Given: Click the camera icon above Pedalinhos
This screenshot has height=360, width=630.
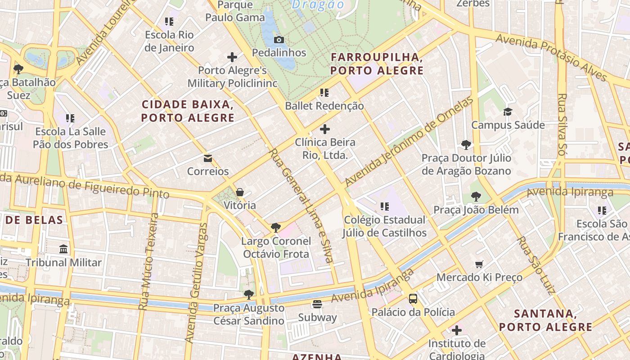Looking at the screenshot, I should [x=279, y=40].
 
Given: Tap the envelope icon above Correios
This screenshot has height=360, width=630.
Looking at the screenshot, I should [x=207, y=158].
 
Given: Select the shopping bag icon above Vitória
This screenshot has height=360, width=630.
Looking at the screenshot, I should [x=240, y=192].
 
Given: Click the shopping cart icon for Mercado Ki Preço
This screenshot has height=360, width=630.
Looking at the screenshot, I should [x=479, y=264].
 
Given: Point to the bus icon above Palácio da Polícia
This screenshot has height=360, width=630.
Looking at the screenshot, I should [x=413, y=298].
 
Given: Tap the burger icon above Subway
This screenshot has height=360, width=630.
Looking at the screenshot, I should [x=317, y=304].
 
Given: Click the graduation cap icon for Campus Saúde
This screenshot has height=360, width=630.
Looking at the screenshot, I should [x=508, y=112].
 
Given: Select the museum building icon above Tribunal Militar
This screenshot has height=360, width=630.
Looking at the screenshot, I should [x=63, y=249].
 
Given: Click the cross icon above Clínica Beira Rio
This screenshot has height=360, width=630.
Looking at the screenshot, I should [x=324, y=129].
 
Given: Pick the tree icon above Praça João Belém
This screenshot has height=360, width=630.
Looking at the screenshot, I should [x=476, y=197].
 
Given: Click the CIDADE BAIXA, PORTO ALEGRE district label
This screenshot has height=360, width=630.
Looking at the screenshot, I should [x=188, y=111].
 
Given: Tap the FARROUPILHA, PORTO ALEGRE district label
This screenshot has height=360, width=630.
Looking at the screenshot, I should [x=377, y=64].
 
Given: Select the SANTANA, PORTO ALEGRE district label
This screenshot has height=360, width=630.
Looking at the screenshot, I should [x=545, y=320].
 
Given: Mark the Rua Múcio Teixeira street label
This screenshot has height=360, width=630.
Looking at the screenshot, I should [x=148, y=261].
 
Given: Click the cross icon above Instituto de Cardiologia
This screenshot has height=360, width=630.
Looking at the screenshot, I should [x=457, y=330].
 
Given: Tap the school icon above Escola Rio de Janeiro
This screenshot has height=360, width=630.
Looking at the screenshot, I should [x=169, y=22].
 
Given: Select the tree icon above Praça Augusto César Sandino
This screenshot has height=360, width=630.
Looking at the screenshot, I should [x=248, y=295].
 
